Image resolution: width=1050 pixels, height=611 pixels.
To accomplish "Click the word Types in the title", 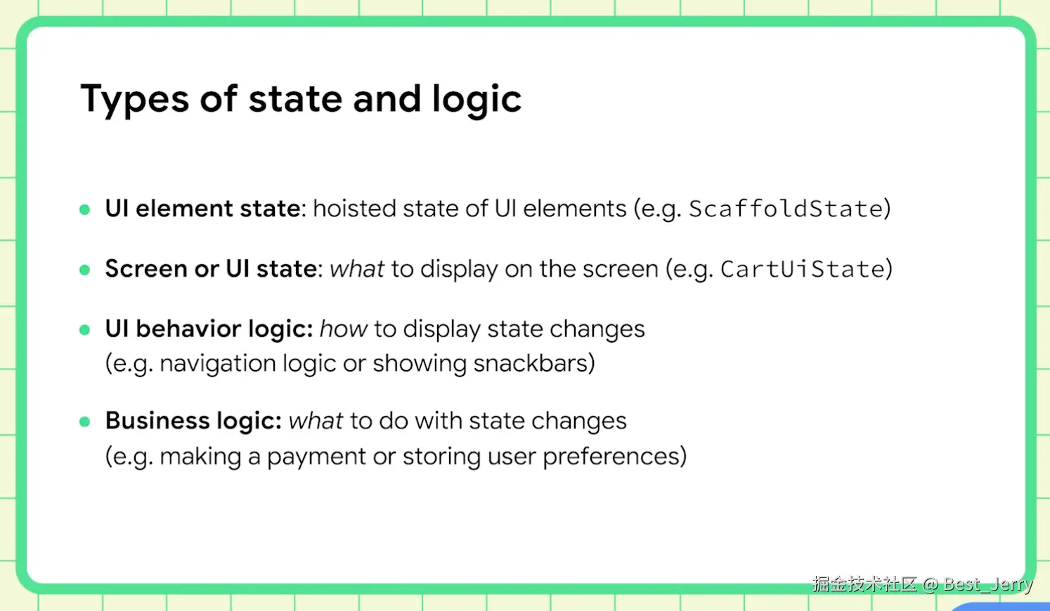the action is [135, 99].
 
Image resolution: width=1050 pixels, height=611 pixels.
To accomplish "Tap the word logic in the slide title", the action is [477, 99].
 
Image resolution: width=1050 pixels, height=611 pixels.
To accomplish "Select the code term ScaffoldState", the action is [786, 209].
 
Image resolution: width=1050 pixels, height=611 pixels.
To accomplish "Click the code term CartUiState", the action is [803, 269].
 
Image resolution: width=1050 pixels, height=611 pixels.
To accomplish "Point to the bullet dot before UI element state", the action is [85, 209].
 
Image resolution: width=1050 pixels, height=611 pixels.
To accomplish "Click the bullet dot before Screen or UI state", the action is [85, 270].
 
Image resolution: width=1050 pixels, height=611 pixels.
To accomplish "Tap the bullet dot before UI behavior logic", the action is [85, 330].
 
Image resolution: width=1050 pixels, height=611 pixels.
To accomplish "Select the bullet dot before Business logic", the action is [85, 421].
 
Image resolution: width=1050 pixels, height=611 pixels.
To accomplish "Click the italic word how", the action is [344, 329].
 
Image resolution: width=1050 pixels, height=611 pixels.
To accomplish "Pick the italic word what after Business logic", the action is [316, 420].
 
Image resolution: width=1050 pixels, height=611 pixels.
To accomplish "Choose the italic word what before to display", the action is [357, 269].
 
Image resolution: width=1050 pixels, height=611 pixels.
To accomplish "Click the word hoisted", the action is [354, 209].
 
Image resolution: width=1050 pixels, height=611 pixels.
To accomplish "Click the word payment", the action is [316, 457].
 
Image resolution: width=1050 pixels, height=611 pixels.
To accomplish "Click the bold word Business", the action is [157, 420].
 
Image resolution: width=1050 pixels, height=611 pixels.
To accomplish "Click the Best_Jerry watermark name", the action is [988, 584].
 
